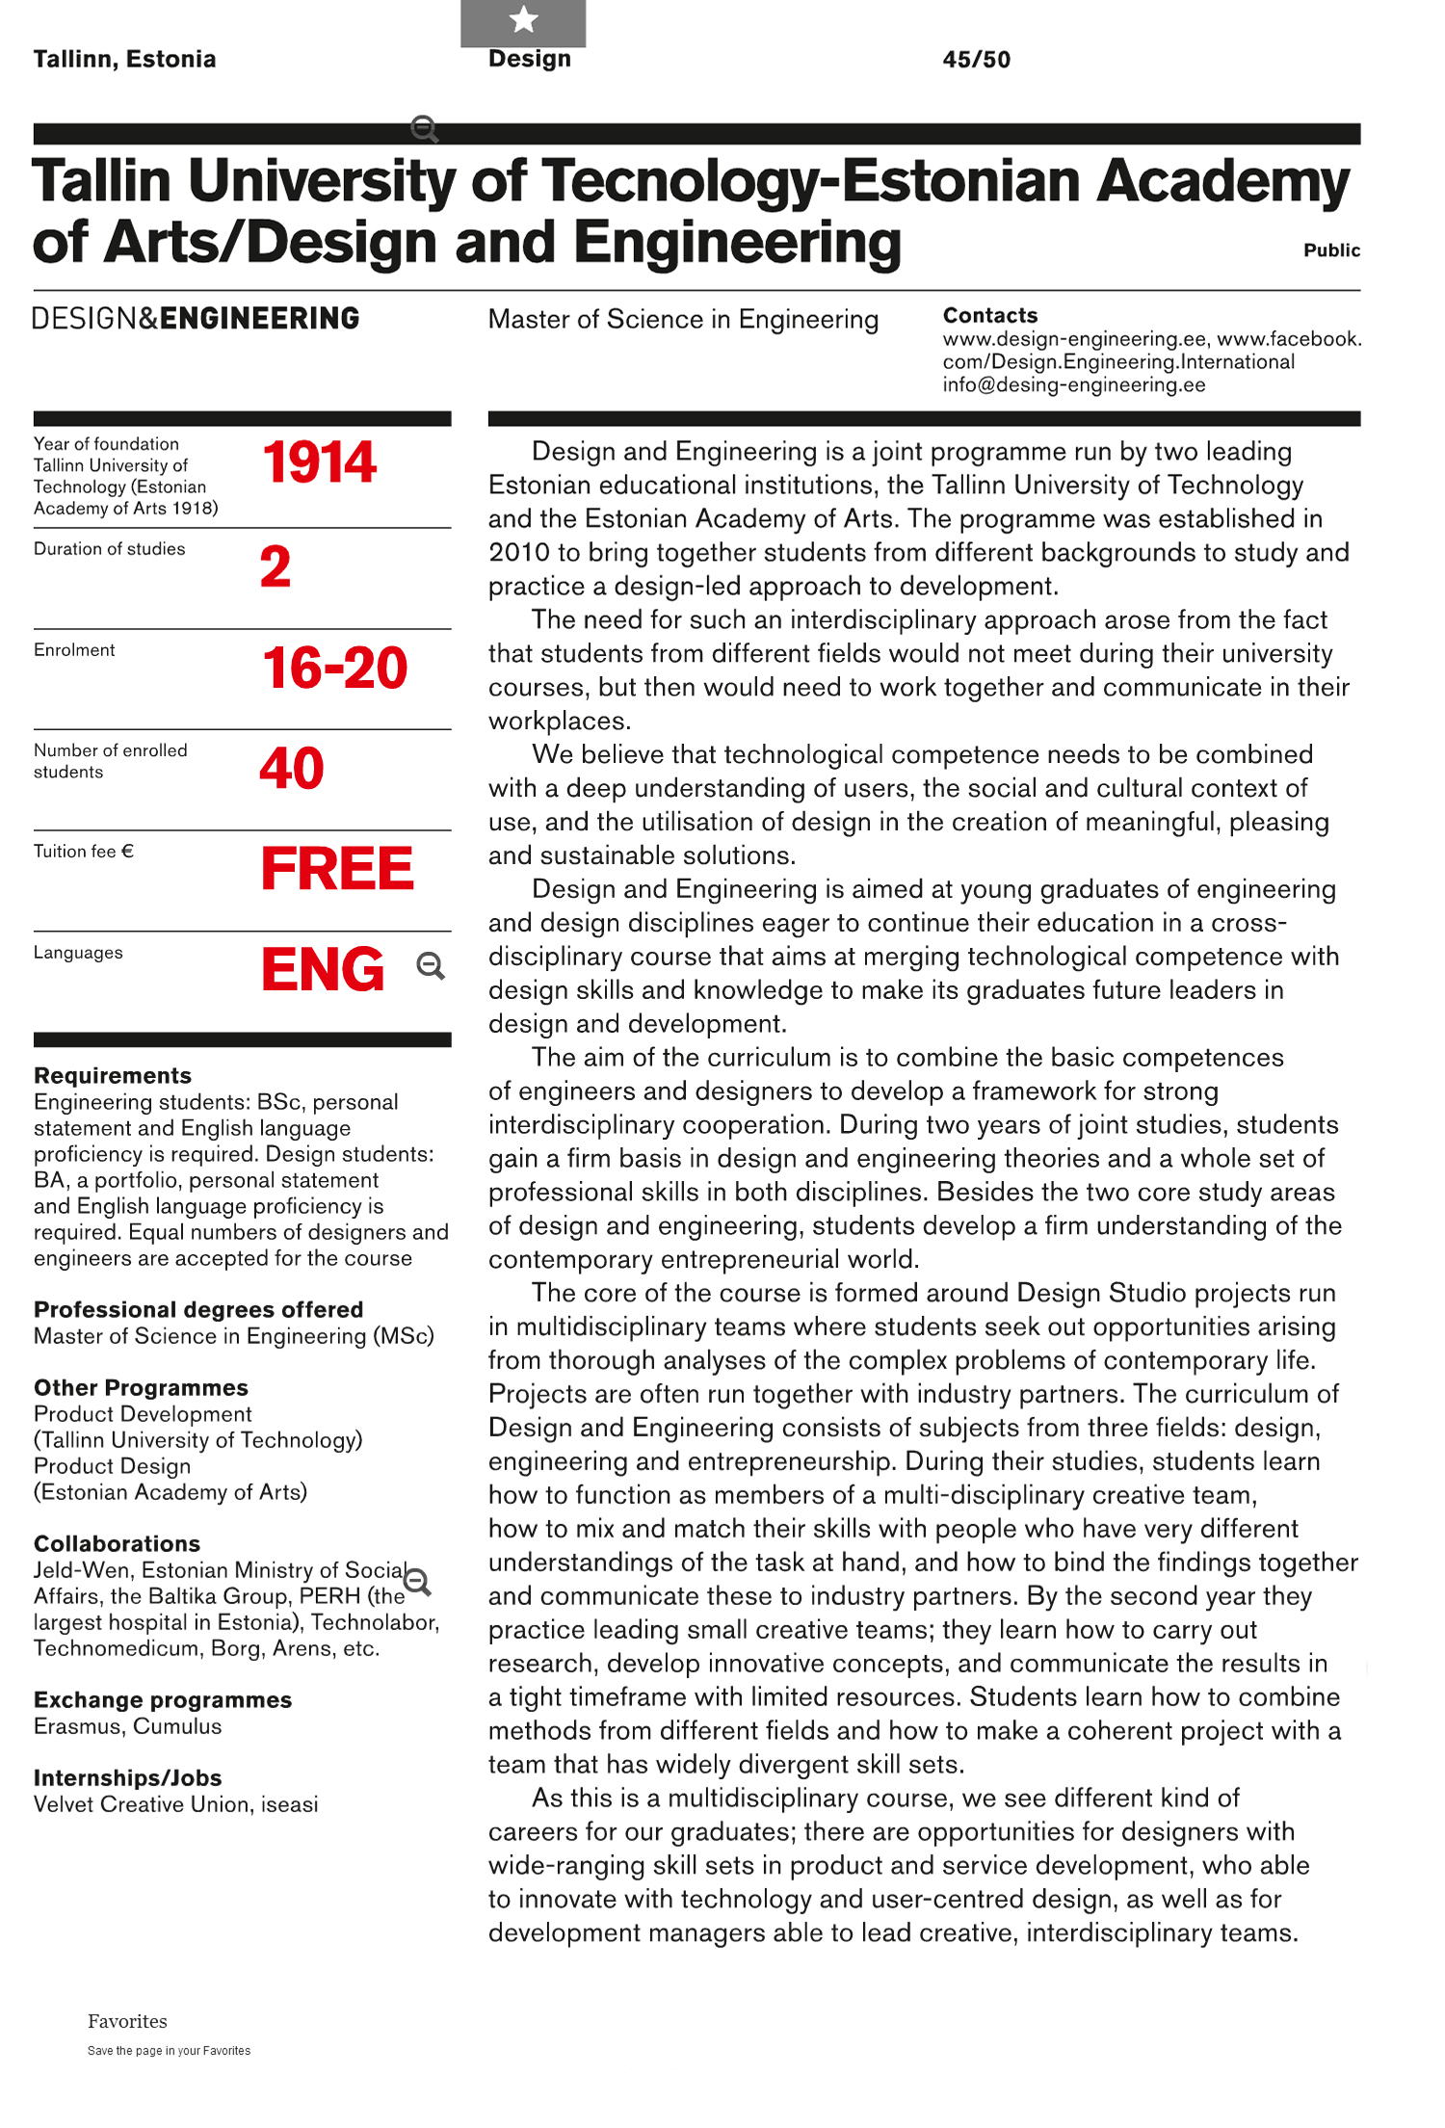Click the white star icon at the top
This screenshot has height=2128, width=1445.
point(523,19)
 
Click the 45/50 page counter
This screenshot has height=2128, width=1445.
point(976,60)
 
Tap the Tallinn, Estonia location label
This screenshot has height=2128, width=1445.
point(124,60)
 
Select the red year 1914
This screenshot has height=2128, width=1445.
point(319,462)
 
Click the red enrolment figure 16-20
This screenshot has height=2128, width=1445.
point(334,668)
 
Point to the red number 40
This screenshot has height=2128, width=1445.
point(292,769)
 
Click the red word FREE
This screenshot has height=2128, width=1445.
point(337,869)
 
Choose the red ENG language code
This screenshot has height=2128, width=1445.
point(323,969)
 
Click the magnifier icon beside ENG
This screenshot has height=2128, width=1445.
point(431,966)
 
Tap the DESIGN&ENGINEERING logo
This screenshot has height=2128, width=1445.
point(196,319)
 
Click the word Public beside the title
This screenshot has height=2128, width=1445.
point(1331,250)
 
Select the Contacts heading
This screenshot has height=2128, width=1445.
point(989,316)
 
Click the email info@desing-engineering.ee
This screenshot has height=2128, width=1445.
point(1073,385)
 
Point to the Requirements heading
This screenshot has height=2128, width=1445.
point(113,1076)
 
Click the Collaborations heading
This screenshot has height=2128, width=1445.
point(117,1544)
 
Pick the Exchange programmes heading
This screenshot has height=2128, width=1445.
point(163,1700)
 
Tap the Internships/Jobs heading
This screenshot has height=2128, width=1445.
point(127,1778)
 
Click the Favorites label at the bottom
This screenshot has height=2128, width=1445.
point(127,2021)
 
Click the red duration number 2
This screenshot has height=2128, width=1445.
point(276,566)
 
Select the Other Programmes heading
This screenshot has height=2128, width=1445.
point(141,1388)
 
